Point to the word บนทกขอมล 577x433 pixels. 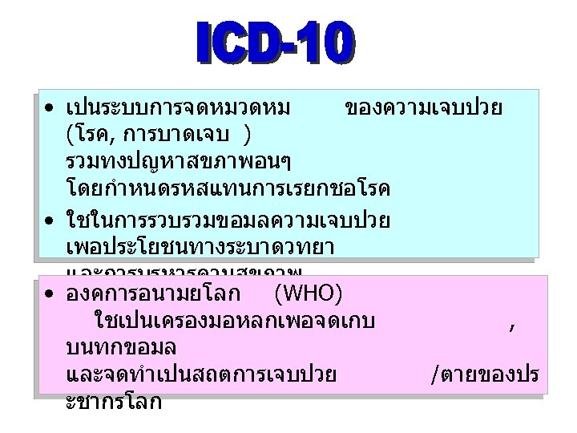point(122,350)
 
